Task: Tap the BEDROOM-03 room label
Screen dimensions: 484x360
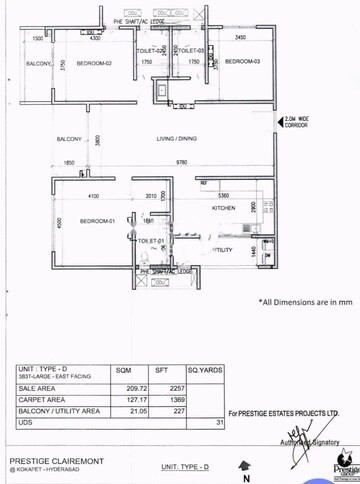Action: pyautogui.click(x=243, y=62)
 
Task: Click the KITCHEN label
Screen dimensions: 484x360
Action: pyautogui.click(x=222, y=208)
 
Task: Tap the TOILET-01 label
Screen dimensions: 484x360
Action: pyautogui.click(x=150, y=241)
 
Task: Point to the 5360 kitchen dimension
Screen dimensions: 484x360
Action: pyautogui.click(x=223, y=195)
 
